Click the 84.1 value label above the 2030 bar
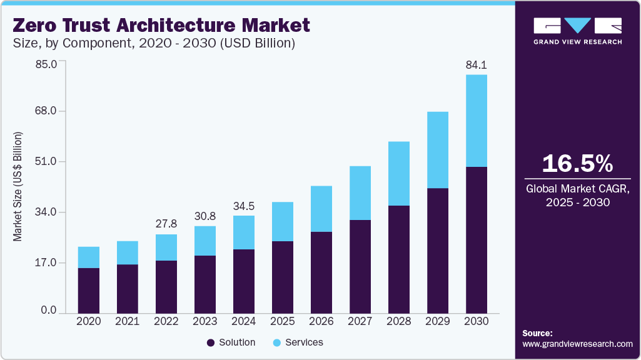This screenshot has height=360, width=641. point(476,64)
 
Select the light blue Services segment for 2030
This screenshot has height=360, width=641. point(476,121)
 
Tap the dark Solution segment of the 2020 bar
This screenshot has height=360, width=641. point(89,291)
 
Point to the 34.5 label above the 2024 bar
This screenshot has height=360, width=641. point(244,206)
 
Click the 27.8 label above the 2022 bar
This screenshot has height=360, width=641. point(166,224)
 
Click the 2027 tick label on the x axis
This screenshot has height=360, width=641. point(360,321)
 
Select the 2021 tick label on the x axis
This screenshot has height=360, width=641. point(127,321)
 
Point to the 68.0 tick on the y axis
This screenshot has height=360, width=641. point(45,111)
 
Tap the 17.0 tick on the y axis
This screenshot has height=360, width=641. point(45,263)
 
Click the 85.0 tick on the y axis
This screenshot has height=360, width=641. point(45,64)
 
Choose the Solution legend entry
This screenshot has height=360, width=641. point(231,342)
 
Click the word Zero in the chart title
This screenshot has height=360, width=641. point(36,26)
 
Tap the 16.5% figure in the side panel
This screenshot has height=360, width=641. point(577,164)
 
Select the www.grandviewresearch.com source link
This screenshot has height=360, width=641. point(577,344)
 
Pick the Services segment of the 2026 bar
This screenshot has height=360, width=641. point(321,209)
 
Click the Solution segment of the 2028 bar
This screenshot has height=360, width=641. point(398,259)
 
